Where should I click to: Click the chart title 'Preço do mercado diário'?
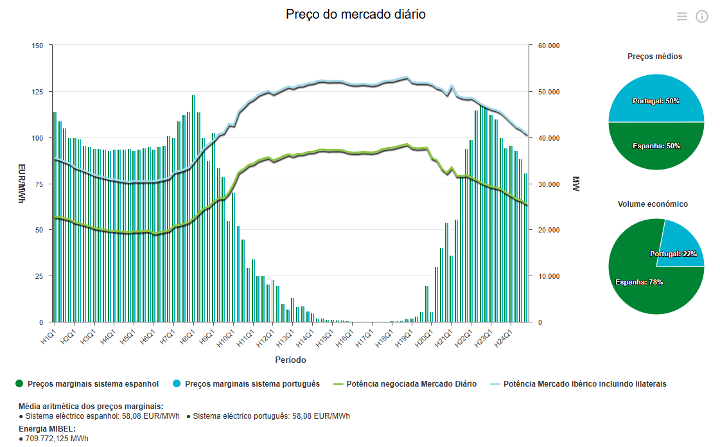(x=355, y=14)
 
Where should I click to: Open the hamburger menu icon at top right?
(x=682, y=17)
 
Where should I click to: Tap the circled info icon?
(x=701, y=17)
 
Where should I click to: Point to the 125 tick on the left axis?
(x=37, y=92)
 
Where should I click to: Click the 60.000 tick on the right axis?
(x=549, y=46)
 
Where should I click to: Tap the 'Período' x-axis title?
(x=291, y=360)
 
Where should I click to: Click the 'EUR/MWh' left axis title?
(x=22, y=184)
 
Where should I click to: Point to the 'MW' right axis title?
(x=576, y=184)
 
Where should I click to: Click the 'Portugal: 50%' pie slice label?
(x=656, y=101)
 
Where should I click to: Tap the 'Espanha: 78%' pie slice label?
(x=639, y=282)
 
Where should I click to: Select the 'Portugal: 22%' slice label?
(x=673, y=254)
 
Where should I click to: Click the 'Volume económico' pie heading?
(x=653, y=204)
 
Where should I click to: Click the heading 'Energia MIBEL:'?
(x=48, y=429)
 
